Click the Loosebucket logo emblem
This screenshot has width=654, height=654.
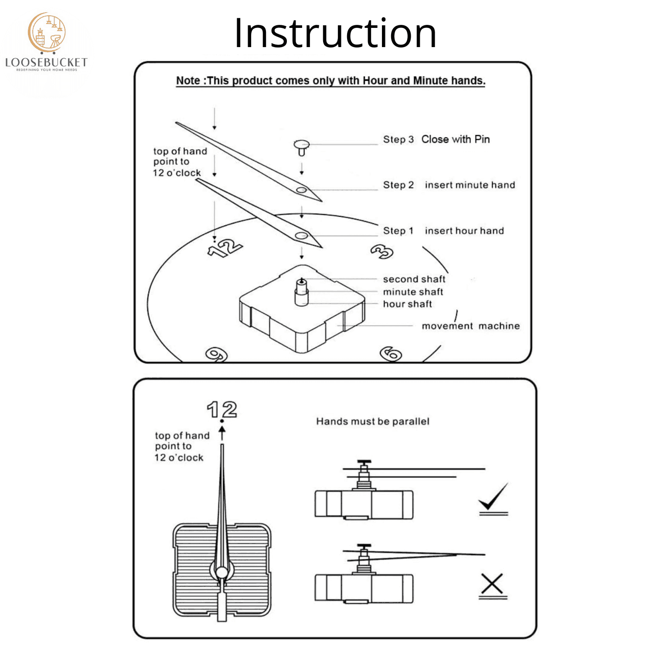(x=47, y=33)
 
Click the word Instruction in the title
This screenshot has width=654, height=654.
(x=335, y=33)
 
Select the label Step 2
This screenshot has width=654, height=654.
(x=398, y=185)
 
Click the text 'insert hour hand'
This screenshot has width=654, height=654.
(x=464, y=231)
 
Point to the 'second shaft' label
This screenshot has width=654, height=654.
(x=414, y=279)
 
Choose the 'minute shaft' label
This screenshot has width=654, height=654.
(x=413, y=292)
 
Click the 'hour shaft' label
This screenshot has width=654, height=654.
(x=407, y=304)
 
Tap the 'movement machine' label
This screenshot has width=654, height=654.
(x=470, y=326)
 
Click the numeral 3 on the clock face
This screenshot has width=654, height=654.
(x=382, y=252)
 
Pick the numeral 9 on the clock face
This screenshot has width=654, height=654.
(x=217, y=354)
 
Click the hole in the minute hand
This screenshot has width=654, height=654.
(x=301, y=190)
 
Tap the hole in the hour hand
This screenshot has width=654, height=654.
(x=301, y=236)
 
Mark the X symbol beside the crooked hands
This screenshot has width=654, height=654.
(x=492, y=584)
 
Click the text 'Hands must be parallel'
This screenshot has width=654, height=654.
(x=373, y=421)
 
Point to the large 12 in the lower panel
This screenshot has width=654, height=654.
(x=222, y=410)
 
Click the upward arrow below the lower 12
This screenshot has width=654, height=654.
(x=222, y=433)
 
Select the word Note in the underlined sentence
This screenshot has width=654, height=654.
(x=188, y=81)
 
